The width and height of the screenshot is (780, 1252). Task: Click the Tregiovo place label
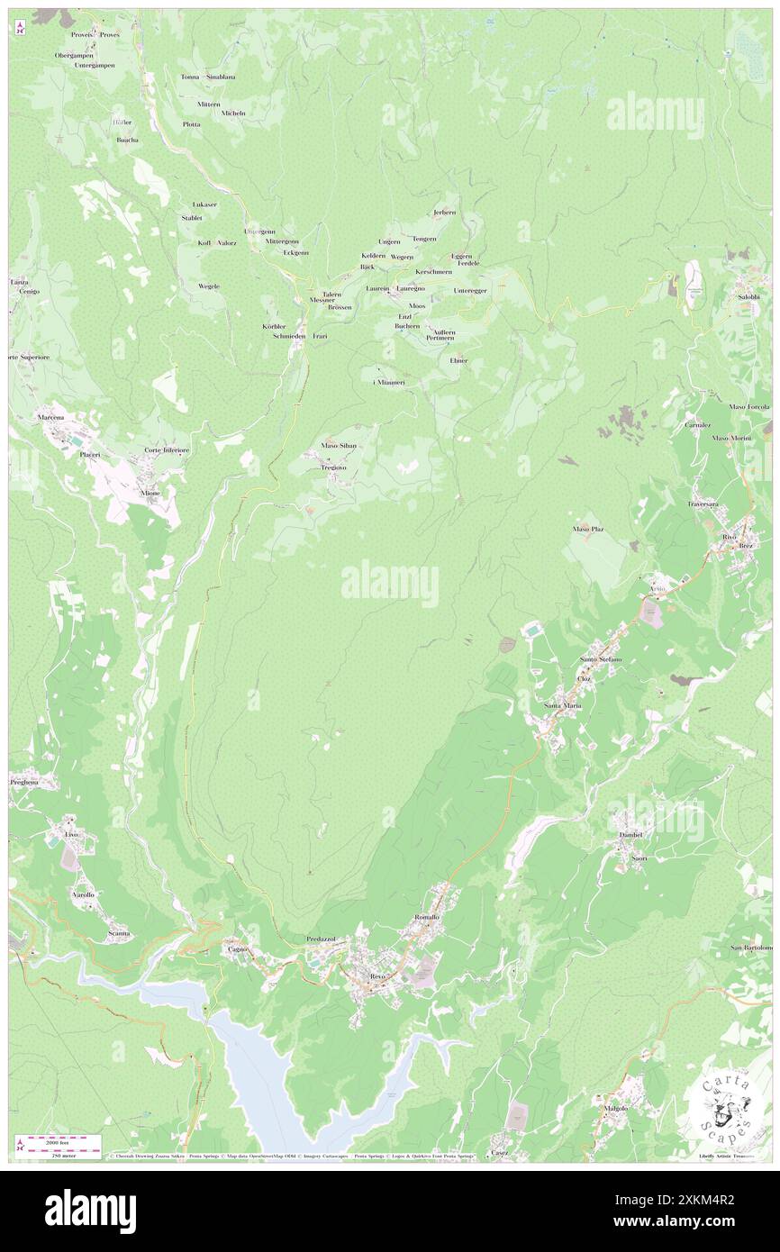coord(334,467)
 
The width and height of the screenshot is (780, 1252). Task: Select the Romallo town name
coord(426,917)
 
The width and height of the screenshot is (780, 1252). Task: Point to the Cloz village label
coord(584,677)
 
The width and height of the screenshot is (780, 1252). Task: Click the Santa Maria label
coord(563,705)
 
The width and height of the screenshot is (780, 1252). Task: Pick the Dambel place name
coord(631,835)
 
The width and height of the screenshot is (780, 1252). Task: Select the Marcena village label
coord(50,418)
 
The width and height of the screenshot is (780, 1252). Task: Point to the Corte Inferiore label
coord(167,450)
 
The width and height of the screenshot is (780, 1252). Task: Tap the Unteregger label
coord(470,290)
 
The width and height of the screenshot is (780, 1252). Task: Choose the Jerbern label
coord(444,213)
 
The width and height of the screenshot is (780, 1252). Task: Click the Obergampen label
coord(74,55)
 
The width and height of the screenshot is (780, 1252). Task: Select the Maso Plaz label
coord(587,529)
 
